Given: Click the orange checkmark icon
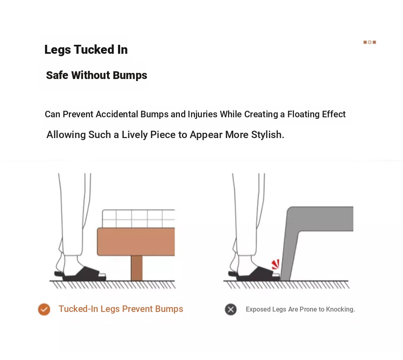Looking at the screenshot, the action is tap(44, 309).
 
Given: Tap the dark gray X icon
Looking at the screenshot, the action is tap(230, 310).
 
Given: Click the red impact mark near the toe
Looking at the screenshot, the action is tap(276, 264).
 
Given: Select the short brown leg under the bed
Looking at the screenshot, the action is tap(136, 268).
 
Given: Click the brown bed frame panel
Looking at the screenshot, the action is tap(136, 241).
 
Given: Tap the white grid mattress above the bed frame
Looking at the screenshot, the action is tap(138, 219).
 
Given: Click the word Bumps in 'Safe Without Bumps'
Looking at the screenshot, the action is tap(130, 75).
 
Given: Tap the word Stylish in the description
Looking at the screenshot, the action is tap(267, 135).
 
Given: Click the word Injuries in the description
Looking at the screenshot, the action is tap(203, 114).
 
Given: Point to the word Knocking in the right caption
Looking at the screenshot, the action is tap(340, 310).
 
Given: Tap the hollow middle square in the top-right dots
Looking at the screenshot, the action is tap(370, 42).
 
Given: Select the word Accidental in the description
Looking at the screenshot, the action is tap(117, 114).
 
